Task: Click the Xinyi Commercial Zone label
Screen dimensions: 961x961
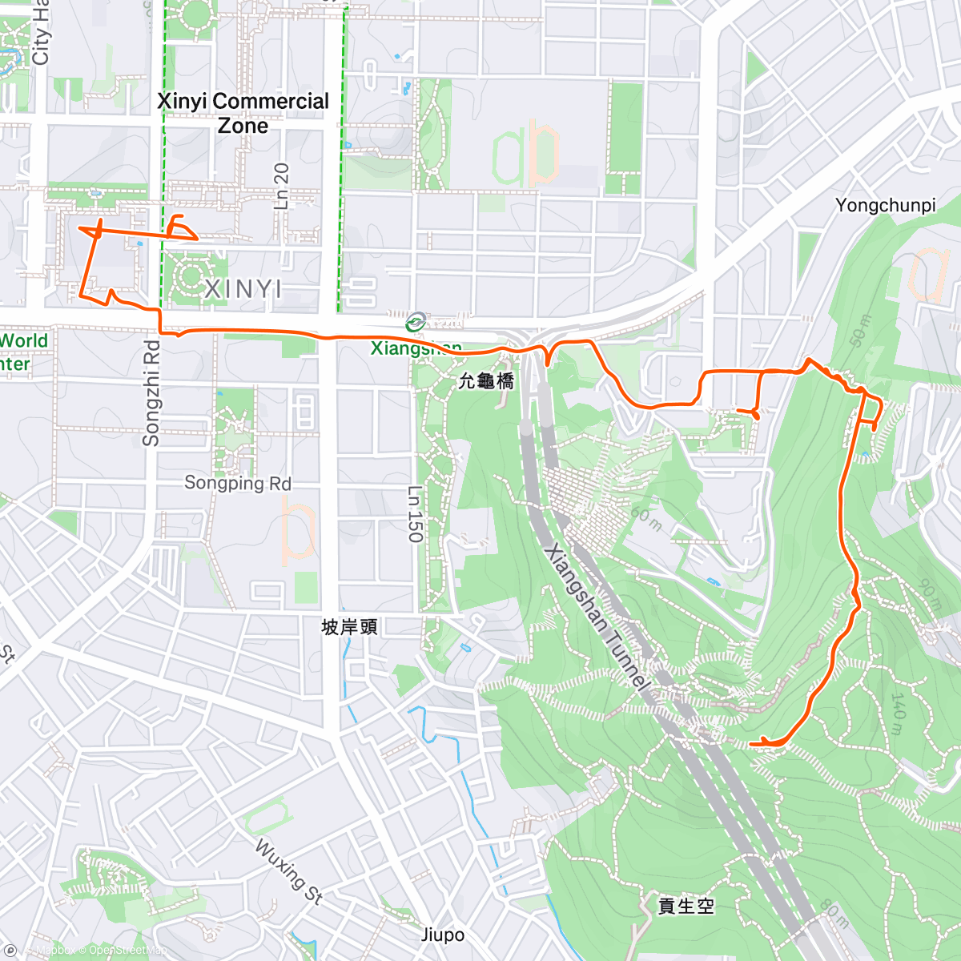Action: (243, 113)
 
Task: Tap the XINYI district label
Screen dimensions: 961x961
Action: (243, 289)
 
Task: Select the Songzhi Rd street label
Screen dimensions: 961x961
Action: (151, 393)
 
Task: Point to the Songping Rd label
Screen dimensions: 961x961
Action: (238, 483)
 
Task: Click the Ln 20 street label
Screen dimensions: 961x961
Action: (281, 186)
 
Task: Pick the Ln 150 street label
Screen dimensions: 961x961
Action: (414, 514)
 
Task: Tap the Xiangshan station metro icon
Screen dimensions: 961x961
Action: (415, 323)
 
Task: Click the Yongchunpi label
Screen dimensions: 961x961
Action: (885, 205)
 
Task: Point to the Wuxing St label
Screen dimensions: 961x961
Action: (288, 871)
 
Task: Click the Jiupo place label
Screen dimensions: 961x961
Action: (442, 935)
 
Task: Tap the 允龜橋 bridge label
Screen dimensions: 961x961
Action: (485, 381)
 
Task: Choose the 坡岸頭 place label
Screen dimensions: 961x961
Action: (349, 626)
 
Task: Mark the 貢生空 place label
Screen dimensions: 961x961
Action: (686, 906)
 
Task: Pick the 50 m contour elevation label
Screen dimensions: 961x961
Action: (858, 331)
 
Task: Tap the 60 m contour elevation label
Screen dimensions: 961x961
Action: (646, 517)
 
